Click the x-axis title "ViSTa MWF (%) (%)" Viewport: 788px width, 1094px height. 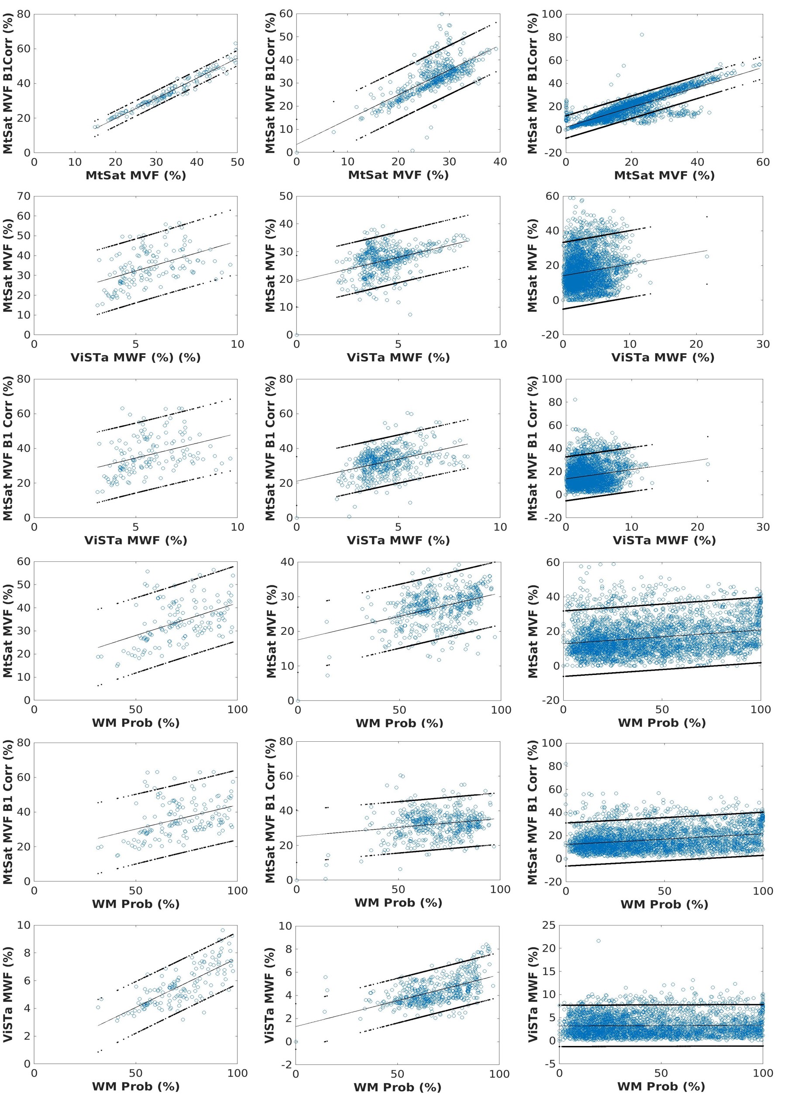(x=135, y=358)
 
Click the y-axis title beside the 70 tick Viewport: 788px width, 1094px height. (x=8, y=265)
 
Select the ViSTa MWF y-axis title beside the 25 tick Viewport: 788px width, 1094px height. (x=533, y=994)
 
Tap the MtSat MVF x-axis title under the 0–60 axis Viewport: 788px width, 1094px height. (x=664, y=175)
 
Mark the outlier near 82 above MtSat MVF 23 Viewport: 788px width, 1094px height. (x=641, y=35)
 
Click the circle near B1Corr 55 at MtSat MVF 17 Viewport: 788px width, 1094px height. (x=623, y=65)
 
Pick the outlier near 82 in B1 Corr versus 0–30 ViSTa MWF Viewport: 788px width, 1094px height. (x=575, y=400)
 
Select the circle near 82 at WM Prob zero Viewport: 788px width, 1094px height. (x=566, y=764)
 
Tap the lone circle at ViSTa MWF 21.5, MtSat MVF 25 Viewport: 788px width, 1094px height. (x=706, y=257)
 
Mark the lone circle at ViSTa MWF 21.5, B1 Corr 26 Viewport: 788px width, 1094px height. (x=708, y=464)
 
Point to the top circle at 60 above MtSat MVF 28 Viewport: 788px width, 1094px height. (x=441, y=14)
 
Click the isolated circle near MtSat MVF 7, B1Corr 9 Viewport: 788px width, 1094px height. (x=333, y=132)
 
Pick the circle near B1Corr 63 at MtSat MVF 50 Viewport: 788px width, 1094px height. (x=236, y=43)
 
